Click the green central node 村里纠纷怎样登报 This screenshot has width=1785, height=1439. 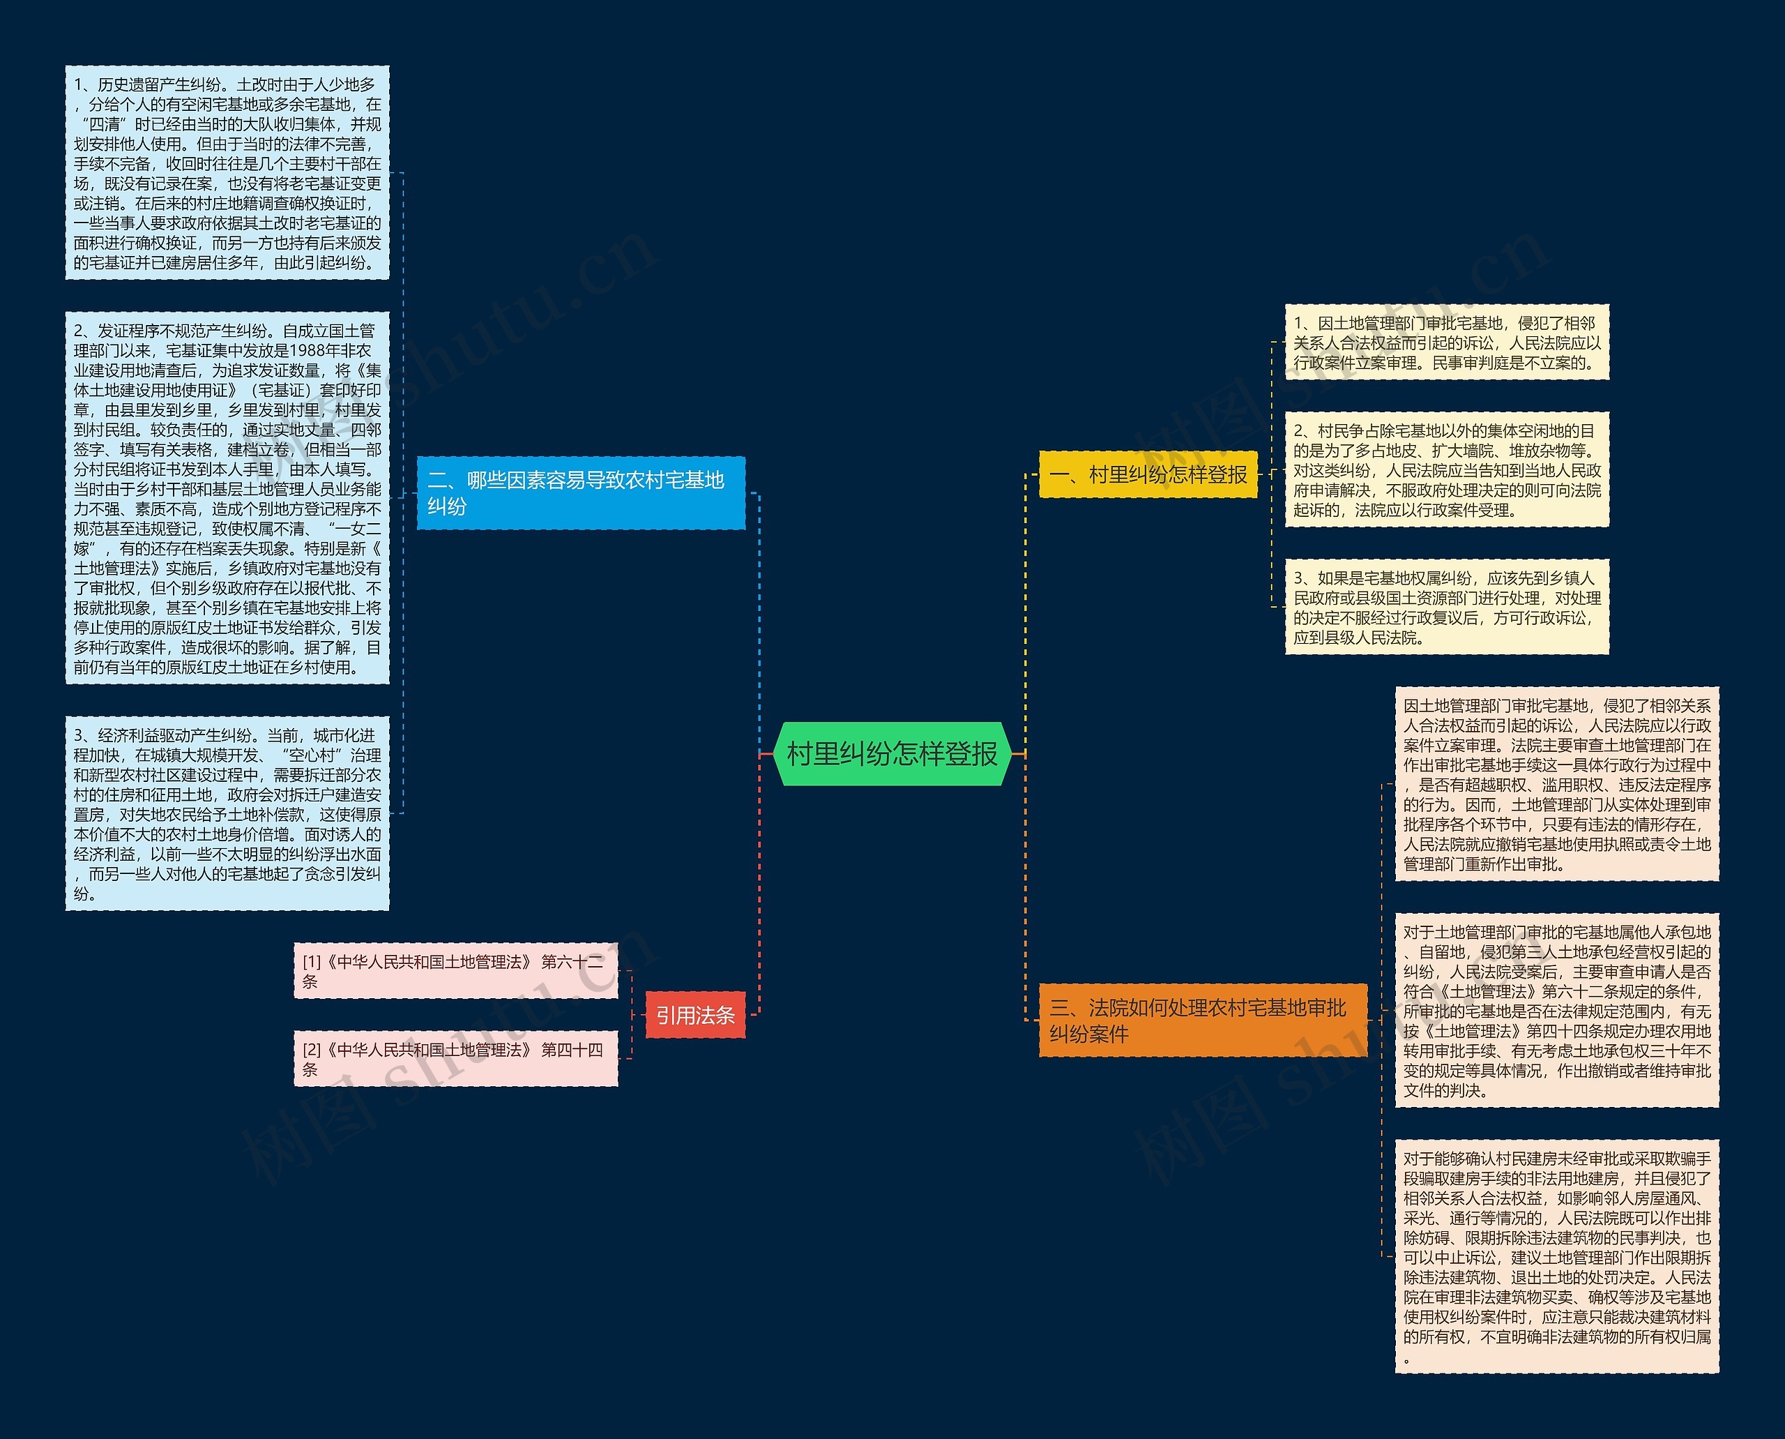point(892,753)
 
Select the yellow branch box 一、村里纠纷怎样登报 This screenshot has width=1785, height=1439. point(1148,474)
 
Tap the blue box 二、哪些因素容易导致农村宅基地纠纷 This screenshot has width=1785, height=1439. point(580,492)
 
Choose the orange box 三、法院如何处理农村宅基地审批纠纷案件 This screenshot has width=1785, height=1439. point(1202,1020)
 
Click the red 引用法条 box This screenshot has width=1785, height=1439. point(695,1015)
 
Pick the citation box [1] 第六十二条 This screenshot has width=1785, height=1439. point(455,971)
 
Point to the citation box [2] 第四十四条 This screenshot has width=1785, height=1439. point(455,1059)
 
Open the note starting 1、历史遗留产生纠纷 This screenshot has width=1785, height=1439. point(227,172)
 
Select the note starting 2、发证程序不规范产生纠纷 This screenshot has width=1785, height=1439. point(227,498)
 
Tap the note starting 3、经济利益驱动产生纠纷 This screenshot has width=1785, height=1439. point(227,813)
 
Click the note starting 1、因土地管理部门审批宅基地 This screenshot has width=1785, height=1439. point(1446,342)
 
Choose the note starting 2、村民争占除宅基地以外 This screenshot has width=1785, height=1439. point(1446,469)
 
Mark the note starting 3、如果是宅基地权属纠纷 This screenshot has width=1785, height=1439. point(1446,607)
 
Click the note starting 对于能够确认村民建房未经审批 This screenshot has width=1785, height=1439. point(1556,1256)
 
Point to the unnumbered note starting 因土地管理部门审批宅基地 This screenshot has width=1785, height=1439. point(1556,783)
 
